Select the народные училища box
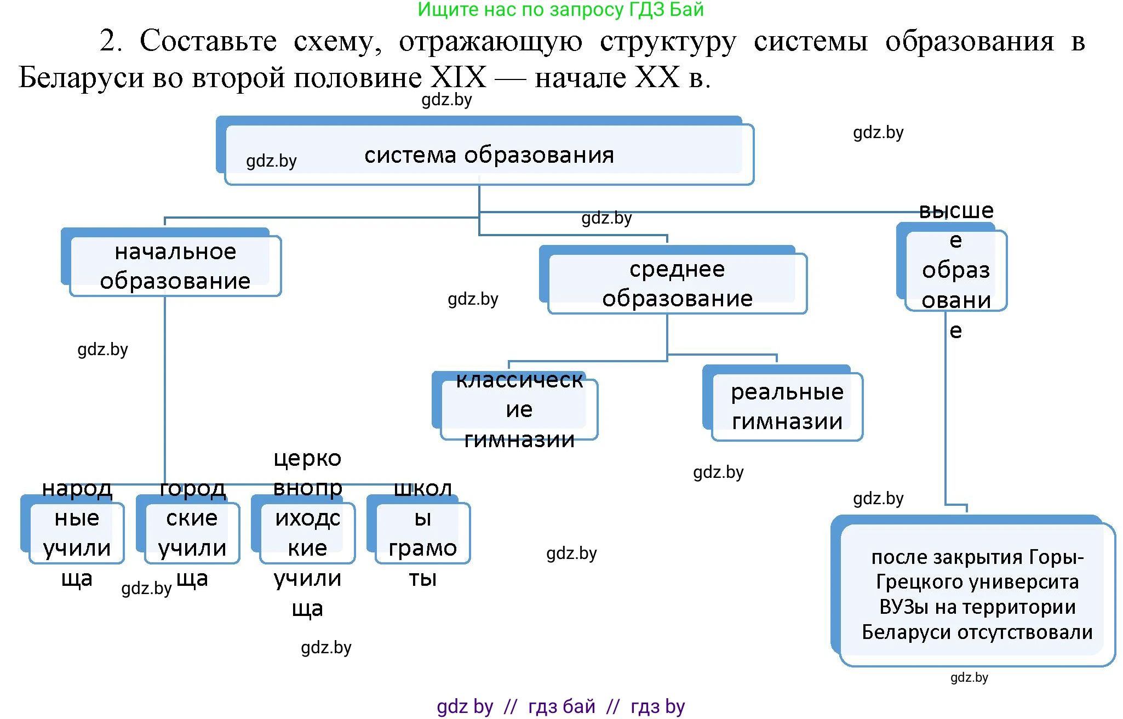[76, 532]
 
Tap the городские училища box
[191, 532]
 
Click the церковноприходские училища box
[307, 532]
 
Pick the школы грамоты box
[422, 532]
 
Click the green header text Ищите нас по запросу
[560, 9]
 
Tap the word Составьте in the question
[208, 41]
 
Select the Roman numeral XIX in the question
[458, 77]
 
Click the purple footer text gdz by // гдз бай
[560, 706]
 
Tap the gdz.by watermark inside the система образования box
[271, 161]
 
